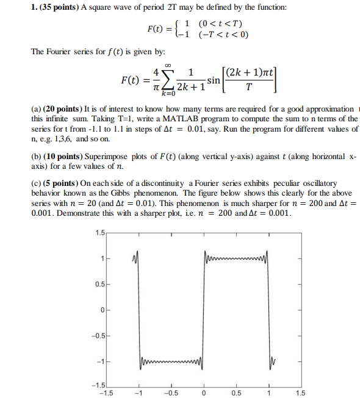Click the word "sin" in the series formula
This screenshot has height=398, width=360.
click(x=214, y=80)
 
